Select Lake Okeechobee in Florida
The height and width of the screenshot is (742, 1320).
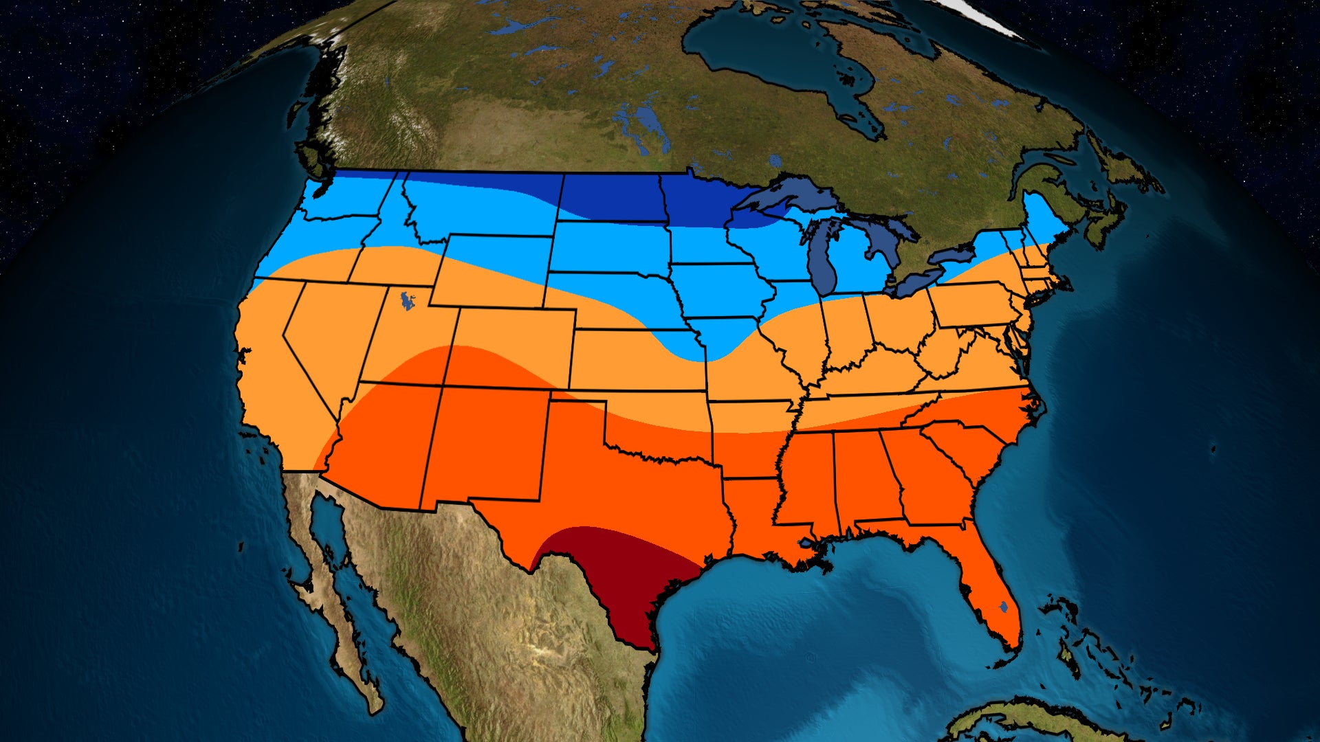click(1004, 607)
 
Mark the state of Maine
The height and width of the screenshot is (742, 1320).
click(1042, 220)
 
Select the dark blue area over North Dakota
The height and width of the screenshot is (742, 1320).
click(612, 196)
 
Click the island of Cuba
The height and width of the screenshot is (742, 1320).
click(1017, 721)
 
